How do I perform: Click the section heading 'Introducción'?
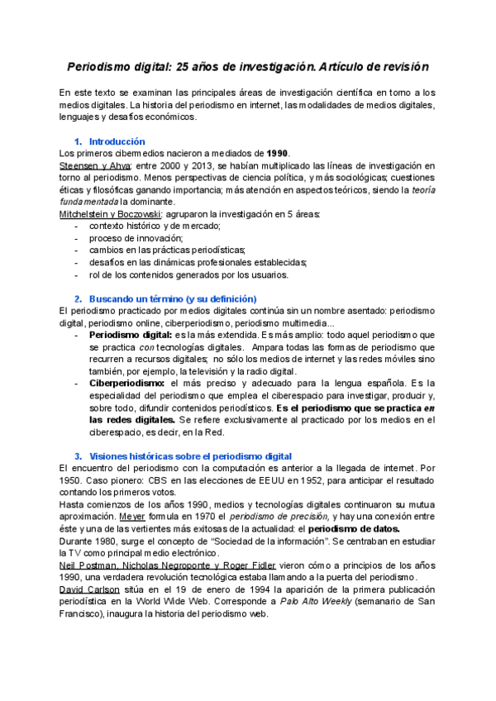[x=117, y=141]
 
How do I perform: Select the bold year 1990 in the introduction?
[x=278, y=153]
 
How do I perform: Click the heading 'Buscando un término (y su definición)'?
[x=173, y=298]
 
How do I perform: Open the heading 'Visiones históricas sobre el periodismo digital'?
[x=189, y=456]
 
